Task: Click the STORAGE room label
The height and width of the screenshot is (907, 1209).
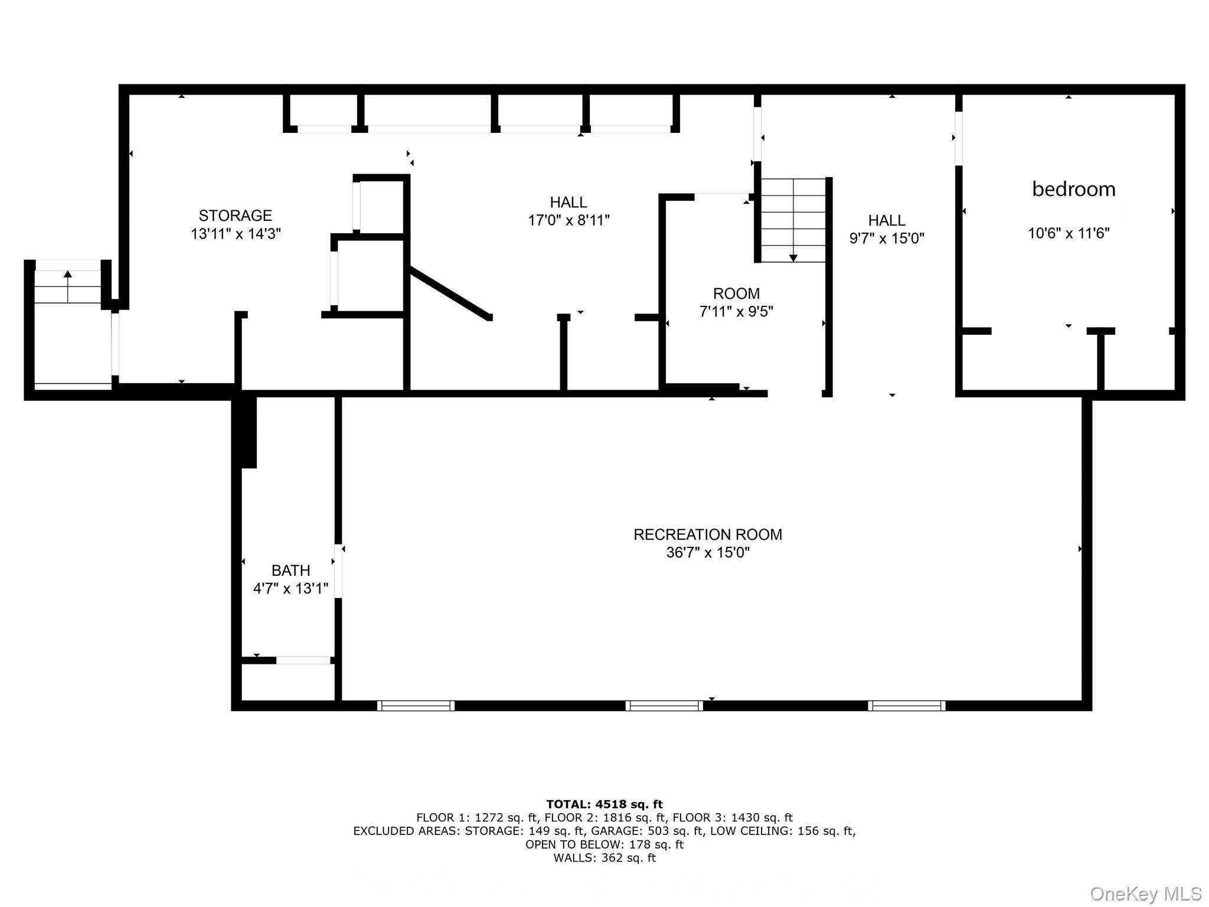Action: coord(235,216)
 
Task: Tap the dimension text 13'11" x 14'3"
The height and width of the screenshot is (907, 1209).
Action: coord(235,234)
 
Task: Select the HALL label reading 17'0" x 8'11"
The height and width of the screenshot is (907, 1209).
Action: coord(568,203)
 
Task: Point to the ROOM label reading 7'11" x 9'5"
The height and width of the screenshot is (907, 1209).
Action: coord(736,293)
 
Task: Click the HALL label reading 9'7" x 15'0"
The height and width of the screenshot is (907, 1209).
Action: coord(886,221)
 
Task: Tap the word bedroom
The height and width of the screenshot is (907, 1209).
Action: coord(1073,189)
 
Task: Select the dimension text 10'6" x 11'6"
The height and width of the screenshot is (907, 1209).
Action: coord(1068,233)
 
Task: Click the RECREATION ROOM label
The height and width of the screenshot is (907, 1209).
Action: coord(707,534)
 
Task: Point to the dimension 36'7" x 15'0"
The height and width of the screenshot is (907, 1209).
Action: coord(707,553)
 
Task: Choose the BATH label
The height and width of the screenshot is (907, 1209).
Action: coord(290,570)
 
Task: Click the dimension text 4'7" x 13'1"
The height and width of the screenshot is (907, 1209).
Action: coord(290,589)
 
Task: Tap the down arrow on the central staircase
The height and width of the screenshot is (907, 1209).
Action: coord(793,257)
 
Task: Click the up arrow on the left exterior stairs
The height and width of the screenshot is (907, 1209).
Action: coord(68,275)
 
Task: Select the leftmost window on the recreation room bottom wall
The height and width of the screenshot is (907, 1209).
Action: coord(416,705)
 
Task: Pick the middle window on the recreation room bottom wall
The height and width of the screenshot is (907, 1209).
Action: coord(664,705)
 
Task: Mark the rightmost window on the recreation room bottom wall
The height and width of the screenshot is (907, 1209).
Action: coord(906,705)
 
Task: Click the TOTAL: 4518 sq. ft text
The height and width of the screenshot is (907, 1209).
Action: coord(604,804)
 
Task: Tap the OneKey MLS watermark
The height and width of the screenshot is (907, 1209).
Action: coord(1145,893)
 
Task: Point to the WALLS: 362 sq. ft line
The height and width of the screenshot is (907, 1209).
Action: coord(604,858)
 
